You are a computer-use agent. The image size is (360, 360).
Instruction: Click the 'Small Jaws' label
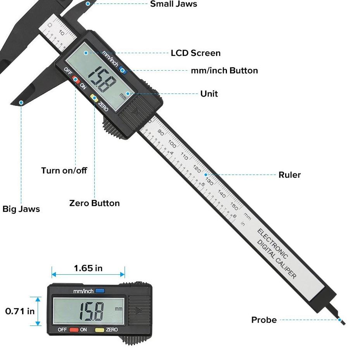tap(173, 4)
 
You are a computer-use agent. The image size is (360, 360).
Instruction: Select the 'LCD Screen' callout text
tap(196, 53)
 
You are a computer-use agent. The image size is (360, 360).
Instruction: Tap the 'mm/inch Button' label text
tap(224, 71)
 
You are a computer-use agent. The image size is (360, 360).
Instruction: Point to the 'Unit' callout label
tap(209, 94)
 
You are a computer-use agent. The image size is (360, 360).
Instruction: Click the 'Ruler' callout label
tap(289, 175)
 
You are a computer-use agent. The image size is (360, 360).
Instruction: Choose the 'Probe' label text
tap(264, 320)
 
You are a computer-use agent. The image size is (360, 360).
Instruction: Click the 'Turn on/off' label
tap(64, 170)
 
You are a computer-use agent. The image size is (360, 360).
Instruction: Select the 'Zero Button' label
tap(94, 203)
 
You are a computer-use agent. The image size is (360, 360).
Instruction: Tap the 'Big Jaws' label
tap(21, 209)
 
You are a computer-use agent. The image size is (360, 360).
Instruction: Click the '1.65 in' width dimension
tap(88, 268)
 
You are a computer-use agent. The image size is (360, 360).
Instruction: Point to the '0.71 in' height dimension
tap(20, 311)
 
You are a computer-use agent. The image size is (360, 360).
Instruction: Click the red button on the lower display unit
tap(74, 330)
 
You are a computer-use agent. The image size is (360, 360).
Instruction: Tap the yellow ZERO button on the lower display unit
tap(100, 330)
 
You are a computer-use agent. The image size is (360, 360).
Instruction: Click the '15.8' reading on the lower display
tap(92, 311)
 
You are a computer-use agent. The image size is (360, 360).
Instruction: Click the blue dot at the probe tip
tap(340, 320)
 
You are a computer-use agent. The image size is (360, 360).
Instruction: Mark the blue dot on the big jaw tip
tap(21, 103)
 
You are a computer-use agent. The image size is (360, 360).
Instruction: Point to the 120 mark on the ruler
tap(197, 170)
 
